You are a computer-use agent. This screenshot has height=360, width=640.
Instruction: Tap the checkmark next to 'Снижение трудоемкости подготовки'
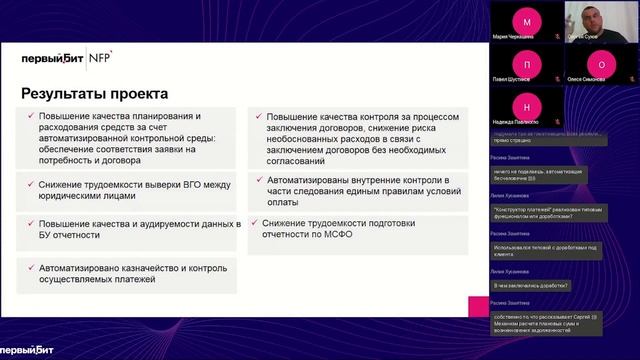coord(257,223)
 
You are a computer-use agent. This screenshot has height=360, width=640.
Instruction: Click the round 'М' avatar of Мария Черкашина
coord(527,20)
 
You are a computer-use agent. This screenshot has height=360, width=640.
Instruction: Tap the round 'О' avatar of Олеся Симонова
coord(601,63)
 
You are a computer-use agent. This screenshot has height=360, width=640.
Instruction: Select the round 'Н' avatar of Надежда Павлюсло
coord(527,106)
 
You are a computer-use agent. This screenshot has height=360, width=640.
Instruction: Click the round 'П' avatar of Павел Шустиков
coord(527,63)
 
